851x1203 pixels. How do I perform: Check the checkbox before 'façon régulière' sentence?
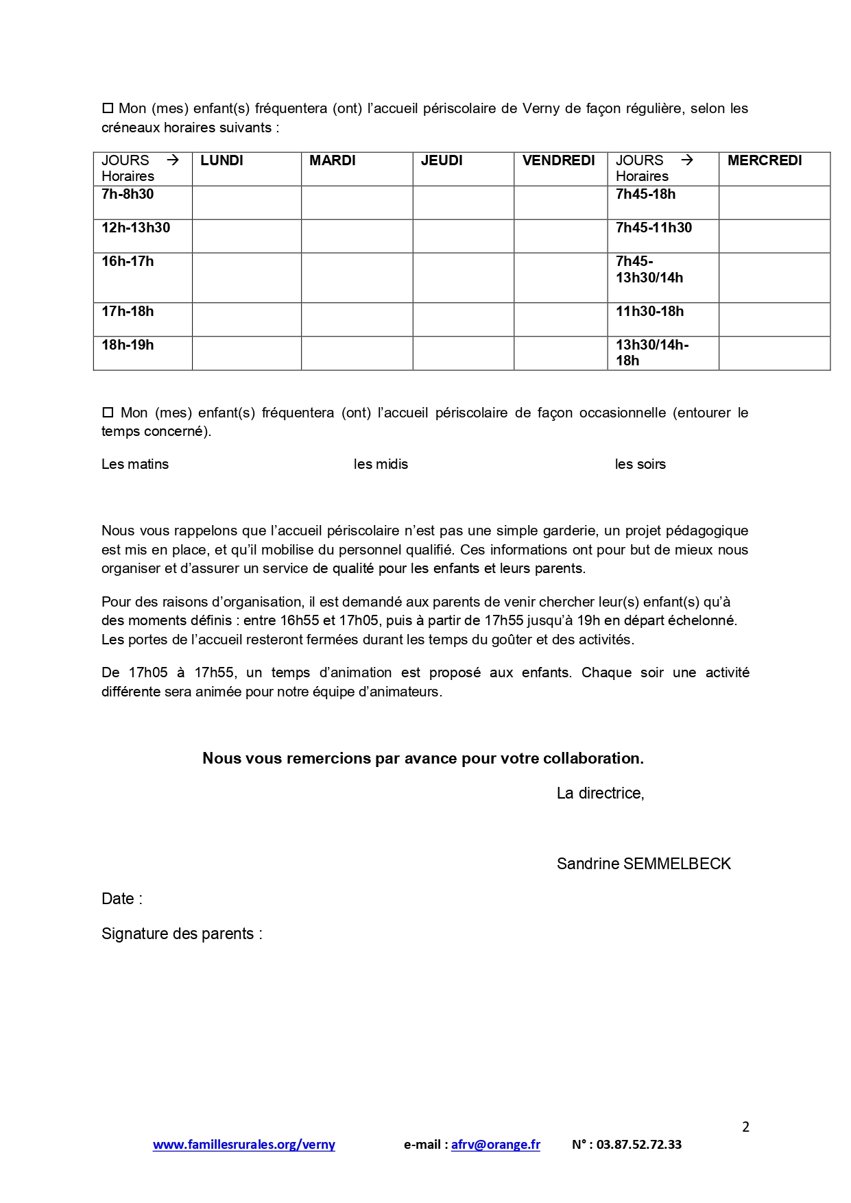[x=107, y=108]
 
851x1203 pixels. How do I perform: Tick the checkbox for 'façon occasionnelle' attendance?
[x=107, y=413]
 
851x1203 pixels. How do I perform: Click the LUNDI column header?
[x=221, y=160]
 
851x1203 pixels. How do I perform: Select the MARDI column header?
[x=333, y=160]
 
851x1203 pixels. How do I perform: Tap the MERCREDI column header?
[x=765, y=160]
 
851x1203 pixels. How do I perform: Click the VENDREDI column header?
[x=558, y=160]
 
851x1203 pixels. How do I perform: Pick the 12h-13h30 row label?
[x=136, y=228]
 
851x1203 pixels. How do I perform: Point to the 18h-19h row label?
[x=128, y=345]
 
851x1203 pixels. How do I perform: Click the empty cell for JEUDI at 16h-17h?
[x=463, y=278]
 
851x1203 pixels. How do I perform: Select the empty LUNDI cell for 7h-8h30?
[x=246, y=202]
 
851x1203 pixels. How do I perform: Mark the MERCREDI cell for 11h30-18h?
[x=774, y=319]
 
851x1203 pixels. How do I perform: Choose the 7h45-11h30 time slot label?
[x=654, y=228]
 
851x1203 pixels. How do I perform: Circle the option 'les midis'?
[x=381, y=464]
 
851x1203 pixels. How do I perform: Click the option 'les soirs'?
[x=640, y=464]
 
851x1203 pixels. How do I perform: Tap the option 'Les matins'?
[x=135, y=464]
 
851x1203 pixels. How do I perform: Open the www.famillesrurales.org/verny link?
[x=243, y=1144]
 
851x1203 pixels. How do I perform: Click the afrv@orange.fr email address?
[x=495, y=1144]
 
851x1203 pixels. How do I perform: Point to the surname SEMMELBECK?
[x=677, y=864]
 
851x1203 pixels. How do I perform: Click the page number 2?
[x=745, y=1127]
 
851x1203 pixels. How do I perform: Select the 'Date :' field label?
[x=122, y=899]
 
